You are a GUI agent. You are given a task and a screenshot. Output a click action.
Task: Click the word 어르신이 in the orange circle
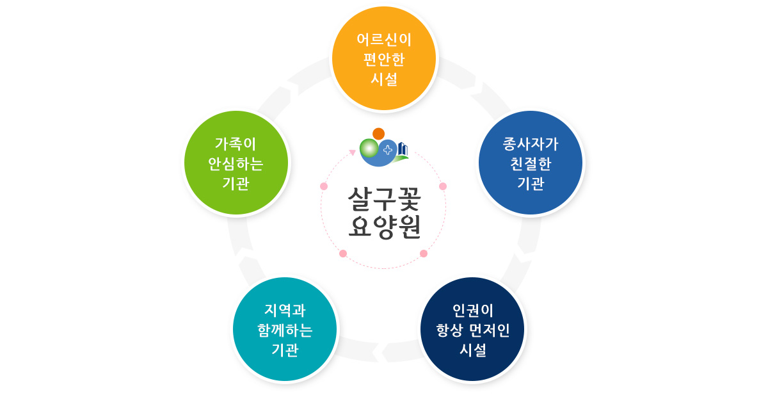click(384, 40)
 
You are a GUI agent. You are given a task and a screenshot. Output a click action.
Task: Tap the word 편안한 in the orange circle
click(384, 60)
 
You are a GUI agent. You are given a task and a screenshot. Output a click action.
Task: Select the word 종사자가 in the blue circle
click(531, 143)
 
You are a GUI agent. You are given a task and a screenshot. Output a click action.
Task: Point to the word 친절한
click(531, 163)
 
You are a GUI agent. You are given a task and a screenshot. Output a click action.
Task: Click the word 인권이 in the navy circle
click(473, 311)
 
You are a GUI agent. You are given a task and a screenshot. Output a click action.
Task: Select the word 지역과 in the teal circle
click(285, 311)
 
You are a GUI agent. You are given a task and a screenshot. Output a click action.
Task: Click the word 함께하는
click(285, 330)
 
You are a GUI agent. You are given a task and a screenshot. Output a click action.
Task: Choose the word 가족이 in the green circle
click(236, 143)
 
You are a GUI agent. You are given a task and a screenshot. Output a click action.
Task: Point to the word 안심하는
click(236, 163)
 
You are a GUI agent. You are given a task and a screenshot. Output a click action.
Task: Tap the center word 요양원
click(384, 226)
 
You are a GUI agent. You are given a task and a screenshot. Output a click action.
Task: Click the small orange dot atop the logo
click(379, 133)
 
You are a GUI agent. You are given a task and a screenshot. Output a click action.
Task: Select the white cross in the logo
click(388, 150)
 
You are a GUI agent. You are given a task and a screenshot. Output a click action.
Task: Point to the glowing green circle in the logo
click(369, 149)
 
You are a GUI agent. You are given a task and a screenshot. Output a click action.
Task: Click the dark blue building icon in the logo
click(403, 149)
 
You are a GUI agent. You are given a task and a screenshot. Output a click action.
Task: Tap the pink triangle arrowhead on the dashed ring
click(352, 152)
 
